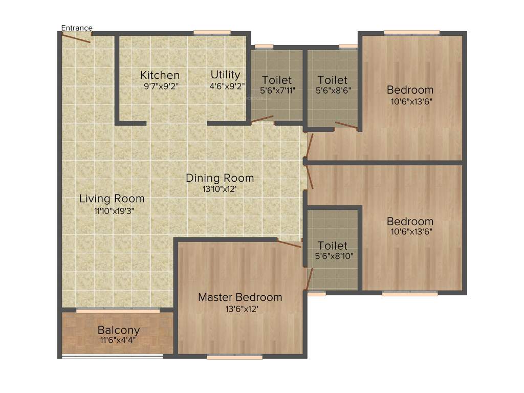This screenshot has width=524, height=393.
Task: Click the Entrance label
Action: click(x=77, y=28)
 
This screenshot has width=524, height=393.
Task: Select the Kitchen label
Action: click(x=160, y=76)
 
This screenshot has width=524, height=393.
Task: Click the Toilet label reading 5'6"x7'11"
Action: click(x=277, y=80)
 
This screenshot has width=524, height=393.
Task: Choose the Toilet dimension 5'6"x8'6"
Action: click(x=332, y=91)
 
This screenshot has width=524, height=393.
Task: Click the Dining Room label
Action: click(x=220, y=178)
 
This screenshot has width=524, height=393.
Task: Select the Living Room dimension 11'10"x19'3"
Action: click(x=112, y=210)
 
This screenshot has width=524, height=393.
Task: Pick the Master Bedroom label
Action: click(x=240, y=297)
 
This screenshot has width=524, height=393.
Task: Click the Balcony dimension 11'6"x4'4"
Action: click(x=119, y=340)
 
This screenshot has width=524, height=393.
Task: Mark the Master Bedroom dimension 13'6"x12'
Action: click(x=240, y=309)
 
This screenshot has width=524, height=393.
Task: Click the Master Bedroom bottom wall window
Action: click(x=235, y=357)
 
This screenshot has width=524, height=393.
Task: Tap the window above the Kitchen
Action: click(x=212, y=33)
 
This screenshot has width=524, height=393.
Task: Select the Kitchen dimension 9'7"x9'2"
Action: click(x=161, y=86)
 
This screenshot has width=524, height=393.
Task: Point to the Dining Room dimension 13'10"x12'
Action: click(x=220, y=189)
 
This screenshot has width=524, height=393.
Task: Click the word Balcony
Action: click(x=119, y=330)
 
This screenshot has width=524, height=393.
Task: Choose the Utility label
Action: click(x=225, y=75)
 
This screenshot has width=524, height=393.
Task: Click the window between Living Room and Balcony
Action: click(x=118, y=311)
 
